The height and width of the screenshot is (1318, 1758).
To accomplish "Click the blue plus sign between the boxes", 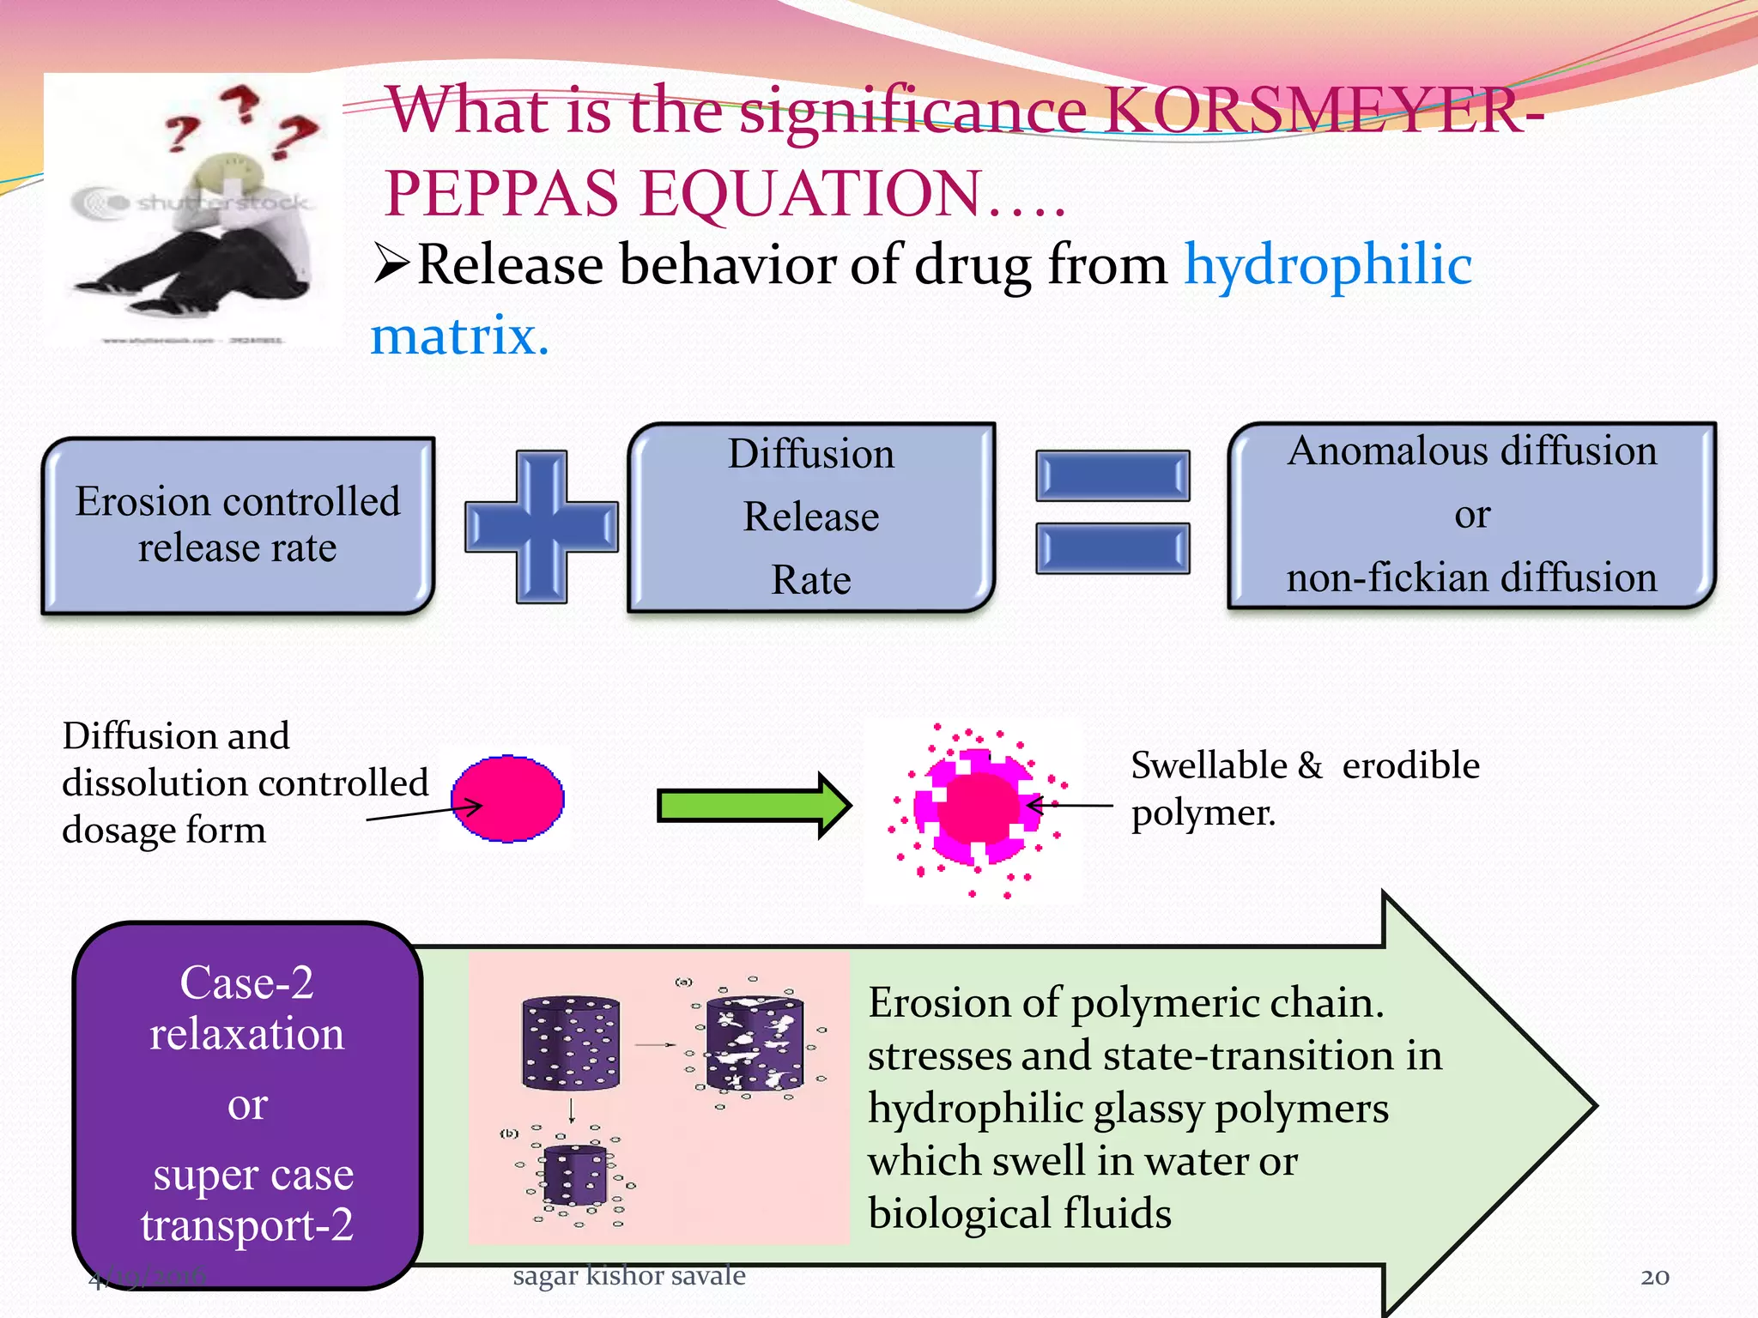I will pos(542,527).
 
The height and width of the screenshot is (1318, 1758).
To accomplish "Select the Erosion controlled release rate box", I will pos(238,525).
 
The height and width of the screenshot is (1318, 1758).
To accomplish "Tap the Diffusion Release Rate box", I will pos(811,517).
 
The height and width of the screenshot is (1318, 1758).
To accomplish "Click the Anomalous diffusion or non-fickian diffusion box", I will pos(1471,515).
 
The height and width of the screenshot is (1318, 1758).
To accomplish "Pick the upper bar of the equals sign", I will pos(1112,476).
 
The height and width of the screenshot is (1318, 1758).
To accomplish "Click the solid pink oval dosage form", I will pos(508,799).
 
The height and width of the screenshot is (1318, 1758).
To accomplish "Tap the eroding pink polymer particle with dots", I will pos(978,807).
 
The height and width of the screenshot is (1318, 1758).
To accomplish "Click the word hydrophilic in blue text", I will pos(1328,264).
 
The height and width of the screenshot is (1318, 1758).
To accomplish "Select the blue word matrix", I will pos(459,336).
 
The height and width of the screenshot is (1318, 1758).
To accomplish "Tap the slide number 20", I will pos(1654,1277).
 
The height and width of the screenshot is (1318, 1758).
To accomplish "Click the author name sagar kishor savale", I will pos(628,1275).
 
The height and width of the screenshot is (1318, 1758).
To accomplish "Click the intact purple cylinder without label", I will pos(571,1043).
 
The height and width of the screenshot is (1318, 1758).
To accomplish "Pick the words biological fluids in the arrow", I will pos(1020,1213).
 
